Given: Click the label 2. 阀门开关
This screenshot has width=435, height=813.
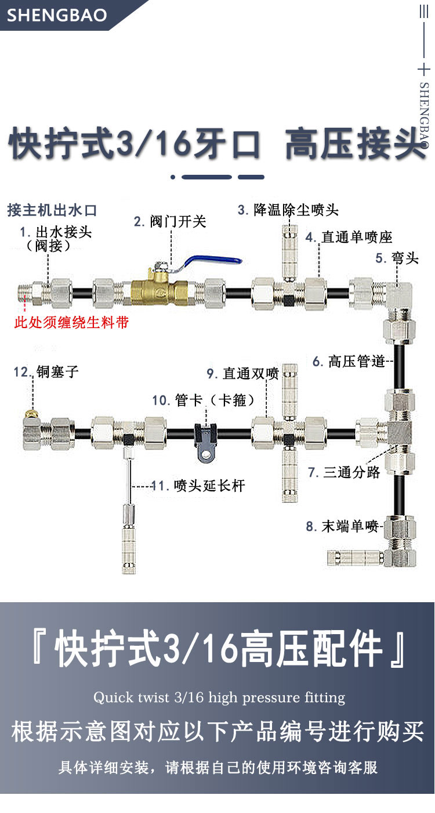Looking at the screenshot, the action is coord(170,221).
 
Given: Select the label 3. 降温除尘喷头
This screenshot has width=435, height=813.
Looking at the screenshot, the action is coord(288,210).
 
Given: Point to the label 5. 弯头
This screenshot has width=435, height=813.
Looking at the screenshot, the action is coord(397,258).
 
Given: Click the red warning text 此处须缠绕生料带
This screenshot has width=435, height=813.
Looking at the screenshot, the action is coord(71,322).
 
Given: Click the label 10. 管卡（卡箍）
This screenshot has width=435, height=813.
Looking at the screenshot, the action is coord(204,400).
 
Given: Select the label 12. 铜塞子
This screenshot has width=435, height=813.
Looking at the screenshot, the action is coord(46,372).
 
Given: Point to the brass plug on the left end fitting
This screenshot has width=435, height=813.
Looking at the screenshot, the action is coord(31,413).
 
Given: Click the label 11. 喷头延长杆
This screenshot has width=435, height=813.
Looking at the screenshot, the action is coord(198,485).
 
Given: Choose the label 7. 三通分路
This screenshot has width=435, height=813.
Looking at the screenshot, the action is coord(343,472).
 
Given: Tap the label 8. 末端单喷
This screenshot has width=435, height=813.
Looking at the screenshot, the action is coord(342,526).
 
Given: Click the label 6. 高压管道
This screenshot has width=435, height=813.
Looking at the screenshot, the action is coord(349,361).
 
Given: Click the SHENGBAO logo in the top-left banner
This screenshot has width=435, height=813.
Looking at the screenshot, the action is coord(57,15).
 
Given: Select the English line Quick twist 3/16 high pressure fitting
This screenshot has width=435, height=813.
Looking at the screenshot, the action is coord(219,697).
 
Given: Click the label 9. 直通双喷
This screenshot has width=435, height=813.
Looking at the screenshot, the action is coord(242,373).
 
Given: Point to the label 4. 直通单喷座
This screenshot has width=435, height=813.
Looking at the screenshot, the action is coord(349,237).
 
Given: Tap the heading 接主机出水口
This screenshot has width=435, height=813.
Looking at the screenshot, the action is coord(52,210).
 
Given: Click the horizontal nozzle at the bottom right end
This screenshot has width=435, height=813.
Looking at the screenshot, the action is coord(356,558).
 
